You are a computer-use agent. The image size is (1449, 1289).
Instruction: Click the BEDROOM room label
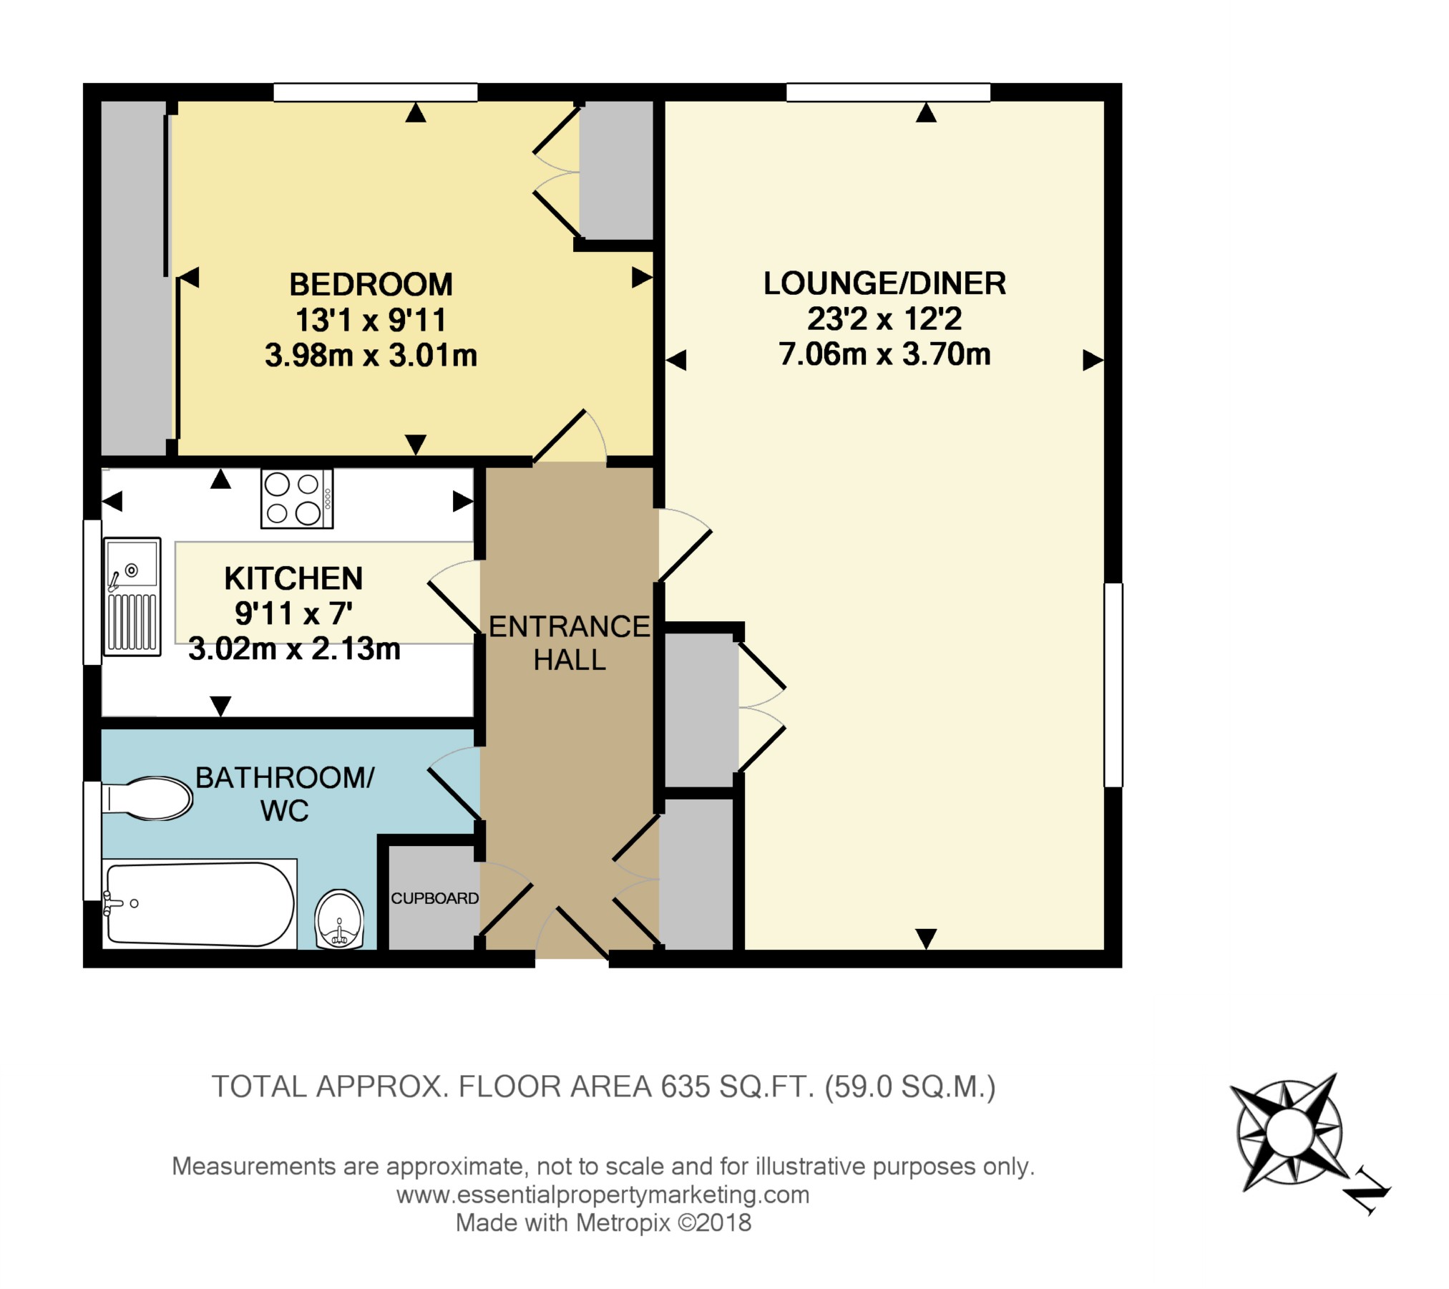click(371, 285)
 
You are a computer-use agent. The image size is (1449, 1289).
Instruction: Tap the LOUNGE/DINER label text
click(884, 283)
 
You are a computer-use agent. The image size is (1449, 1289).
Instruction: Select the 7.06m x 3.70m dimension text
click(884, 354)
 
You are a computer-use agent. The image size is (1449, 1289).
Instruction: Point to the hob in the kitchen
click(297, 498)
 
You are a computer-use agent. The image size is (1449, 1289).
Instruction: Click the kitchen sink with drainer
click(132, 596)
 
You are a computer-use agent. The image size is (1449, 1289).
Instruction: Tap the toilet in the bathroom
click(147, 798)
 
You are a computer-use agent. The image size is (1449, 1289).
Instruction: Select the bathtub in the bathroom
click(200, 903)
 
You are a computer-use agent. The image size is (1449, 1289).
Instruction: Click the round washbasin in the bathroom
click(339, 919)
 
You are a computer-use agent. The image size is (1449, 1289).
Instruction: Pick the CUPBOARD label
click(434, 898)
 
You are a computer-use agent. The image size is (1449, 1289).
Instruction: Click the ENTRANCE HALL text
click(570, 643)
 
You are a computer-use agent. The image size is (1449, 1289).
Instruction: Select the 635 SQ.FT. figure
click(738, 1087)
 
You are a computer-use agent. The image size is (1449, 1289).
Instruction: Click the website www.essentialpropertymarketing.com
click(603, 1195)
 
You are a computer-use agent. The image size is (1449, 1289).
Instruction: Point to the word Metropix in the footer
click(623, 1222)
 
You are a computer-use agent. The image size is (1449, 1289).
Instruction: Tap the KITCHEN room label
click(293, 578)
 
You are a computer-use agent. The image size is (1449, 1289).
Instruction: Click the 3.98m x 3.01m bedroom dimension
click(371, 355)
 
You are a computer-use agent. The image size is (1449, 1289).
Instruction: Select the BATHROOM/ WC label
click(285, 794)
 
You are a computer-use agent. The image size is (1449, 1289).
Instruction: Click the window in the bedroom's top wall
click(376, 92)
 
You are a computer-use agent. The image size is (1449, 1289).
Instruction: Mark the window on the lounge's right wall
click(1113, 685)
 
